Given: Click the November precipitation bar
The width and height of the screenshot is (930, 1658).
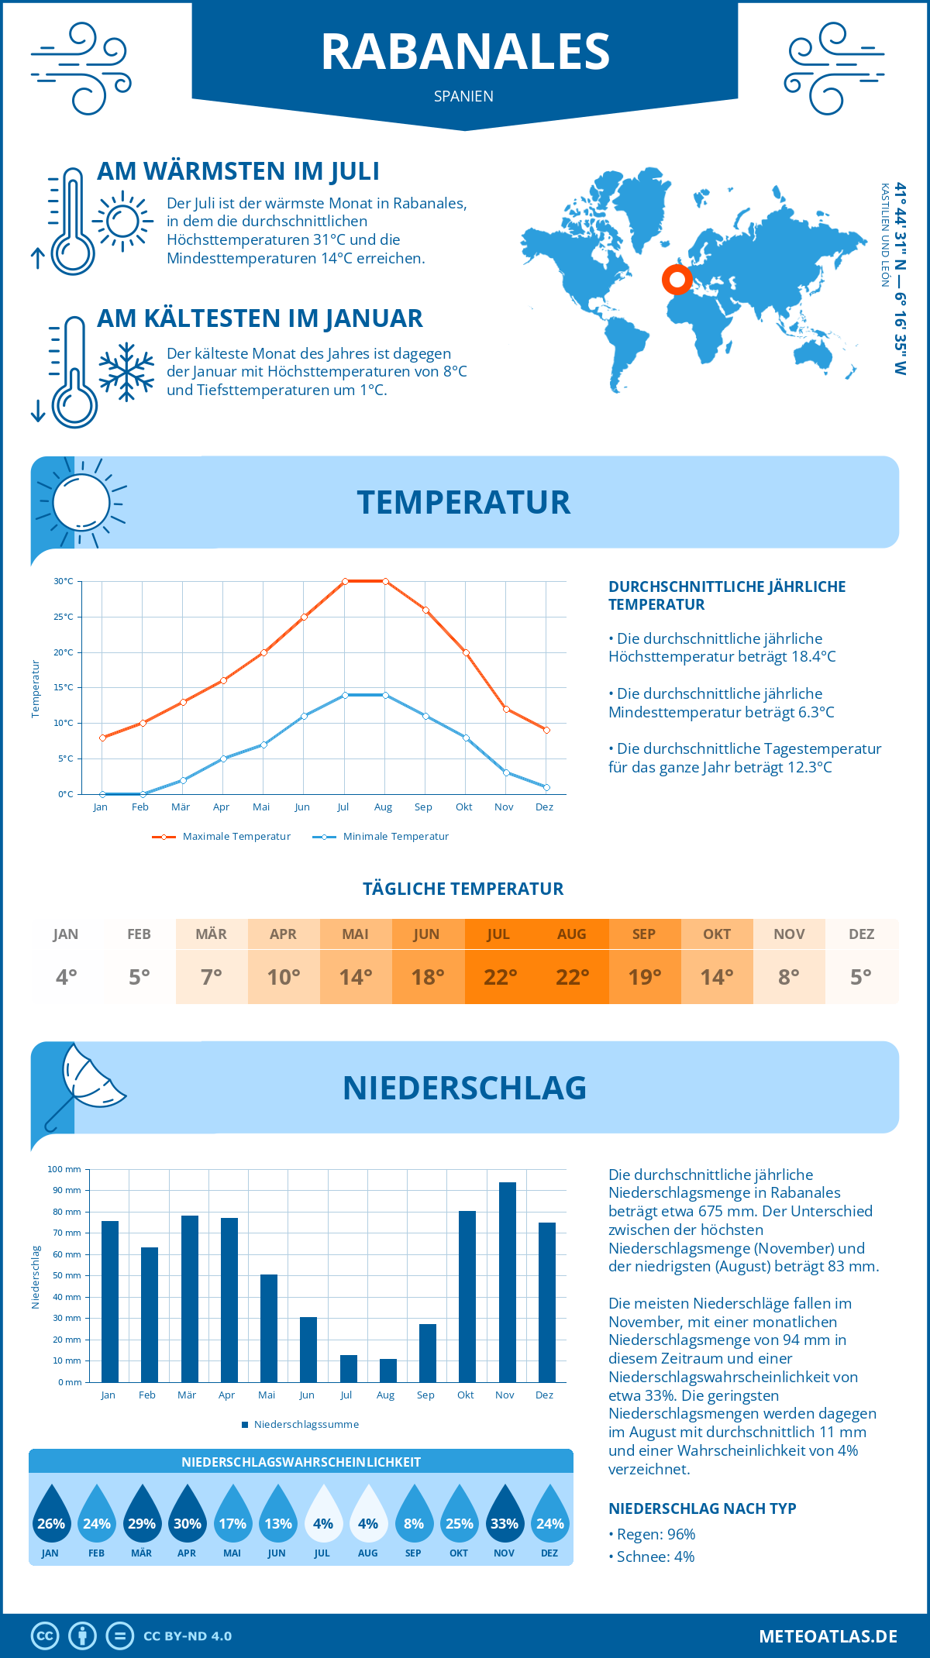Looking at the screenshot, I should coord(508,1282).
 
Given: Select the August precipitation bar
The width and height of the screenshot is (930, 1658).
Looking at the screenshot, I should coord(388,1371).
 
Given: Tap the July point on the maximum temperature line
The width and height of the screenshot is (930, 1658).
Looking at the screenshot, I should coord(345,581).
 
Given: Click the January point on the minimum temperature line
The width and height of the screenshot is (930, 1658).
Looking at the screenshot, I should coord(102,794).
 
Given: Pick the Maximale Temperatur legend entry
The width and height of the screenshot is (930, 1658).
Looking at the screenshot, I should coord(222,837).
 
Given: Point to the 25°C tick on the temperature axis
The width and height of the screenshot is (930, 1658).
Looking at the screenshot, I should coord(64,617).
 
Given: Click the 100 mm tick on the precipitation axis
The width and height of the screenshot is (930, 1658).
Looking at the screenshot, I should coord(64,1169).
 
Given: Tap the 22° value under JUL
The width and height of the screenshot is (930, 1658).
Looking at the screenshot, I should coord(500,978).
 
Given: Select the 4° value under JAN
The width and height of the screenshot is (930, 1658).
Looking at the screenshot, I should coord(66,978).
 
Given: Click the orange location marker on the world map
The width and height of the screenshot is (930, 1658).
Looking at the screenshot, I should coord(677,279).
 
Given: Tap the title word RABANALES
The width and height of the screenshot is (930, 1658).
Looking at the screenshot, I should coord(465,52).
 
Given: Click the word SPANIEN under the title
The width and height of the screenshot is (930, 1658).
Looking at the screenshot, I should coord(463,96).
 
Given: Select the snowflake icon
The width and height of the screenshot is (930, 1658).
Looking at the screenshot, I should coord(126,372).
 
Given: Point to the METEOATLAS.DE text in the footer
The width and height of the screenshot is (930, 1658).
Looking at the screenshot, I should coord(828,1636).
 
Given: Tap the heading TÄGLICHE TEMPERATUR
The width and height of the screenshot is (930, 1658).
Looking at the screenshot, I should coord(463,889).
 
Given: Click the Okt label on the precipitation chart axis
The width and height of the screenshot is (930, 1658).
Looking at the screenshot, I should coord(465,1395).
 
